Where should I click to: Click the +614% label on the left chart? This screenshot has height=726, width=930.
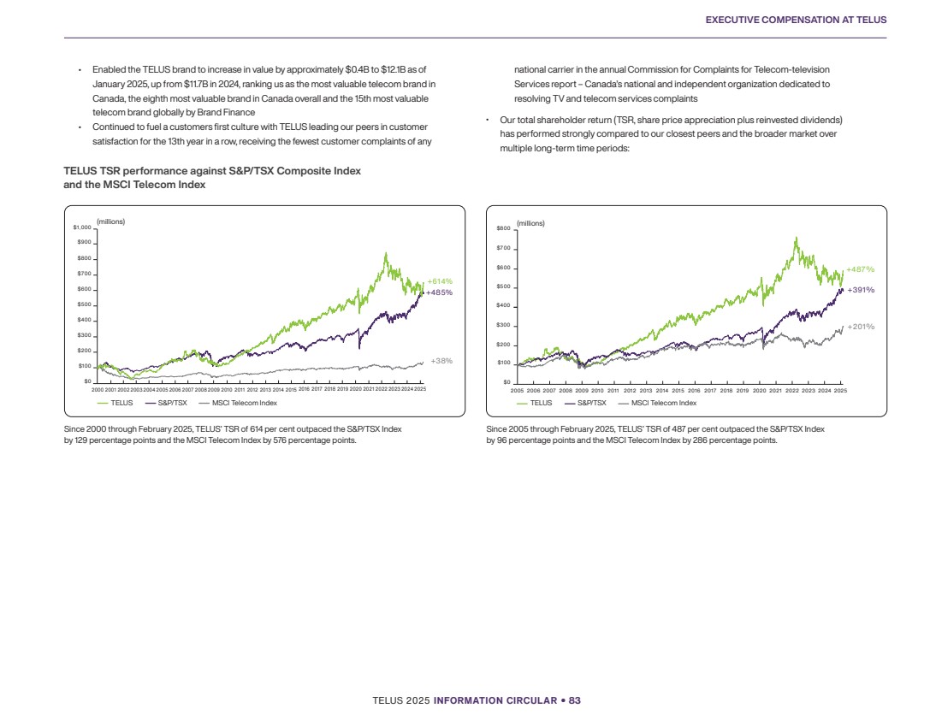(441, 281)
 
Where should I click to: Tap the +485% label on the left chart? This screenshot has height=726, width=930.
(441, 292)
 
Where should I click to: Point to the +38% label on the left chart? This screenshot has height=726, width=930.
(441, 361)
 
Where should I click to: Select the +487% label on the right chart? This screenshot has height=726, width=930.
(860, 270)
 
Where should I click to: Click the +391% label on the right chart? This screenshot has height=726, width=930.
(860, 290)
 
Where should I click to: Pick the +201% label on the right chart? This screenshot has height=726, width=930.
(860, 327)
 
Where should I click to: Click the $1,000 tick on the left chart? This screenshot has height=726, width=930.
(82, 227)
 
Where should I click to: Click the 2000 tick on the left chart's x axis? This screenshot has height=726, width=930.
(98, 390)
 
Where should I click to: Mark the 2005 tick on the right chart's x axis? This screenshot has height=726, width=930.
(517, 391)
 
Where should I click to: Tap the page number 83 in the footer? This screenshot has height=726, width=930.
(575, 701)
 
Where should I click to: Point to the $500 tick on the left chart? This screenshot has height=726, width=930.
(84, 305)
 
